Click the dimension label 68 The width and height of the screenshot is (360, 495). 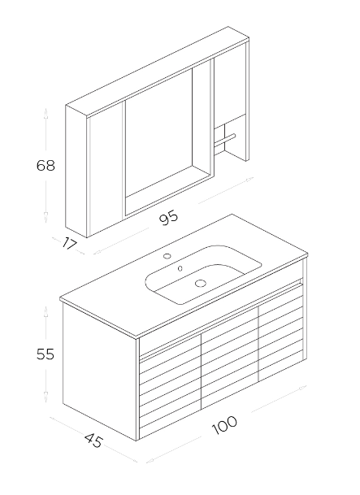[x=46, y=166]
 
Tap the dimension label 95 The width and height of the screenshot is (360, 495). [x=169, y=218]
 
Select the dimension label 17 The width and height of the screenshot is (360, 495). [x=69, y=243]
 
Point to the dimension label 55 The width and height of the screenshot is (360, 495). [x=46, y=354]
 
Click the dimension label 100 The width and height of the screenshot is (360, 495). [x=224, y=425]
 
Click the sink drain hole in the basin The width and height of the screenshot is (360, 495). [x=200, y=283]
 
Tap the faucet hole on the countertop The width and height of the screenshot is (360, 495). [x=167, y=256]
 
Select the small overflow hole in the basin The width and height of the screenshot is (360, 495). [x=180, y=268]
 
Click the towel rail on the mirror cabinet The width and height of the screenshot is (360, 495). [x=224, y=141]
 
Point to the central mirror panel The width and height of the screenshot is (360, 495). [x=158, y=132]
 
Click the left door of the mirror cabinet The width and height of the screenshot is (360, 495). [x=106, y=168]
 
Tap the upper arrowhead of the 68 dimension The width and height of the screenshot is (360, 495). [x=46, y=114]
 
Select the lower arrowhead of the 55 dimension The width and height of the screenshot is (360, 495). [x=46, y=397]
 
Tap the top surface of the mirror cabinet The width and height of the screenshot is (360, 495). [x=158, y=72]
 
